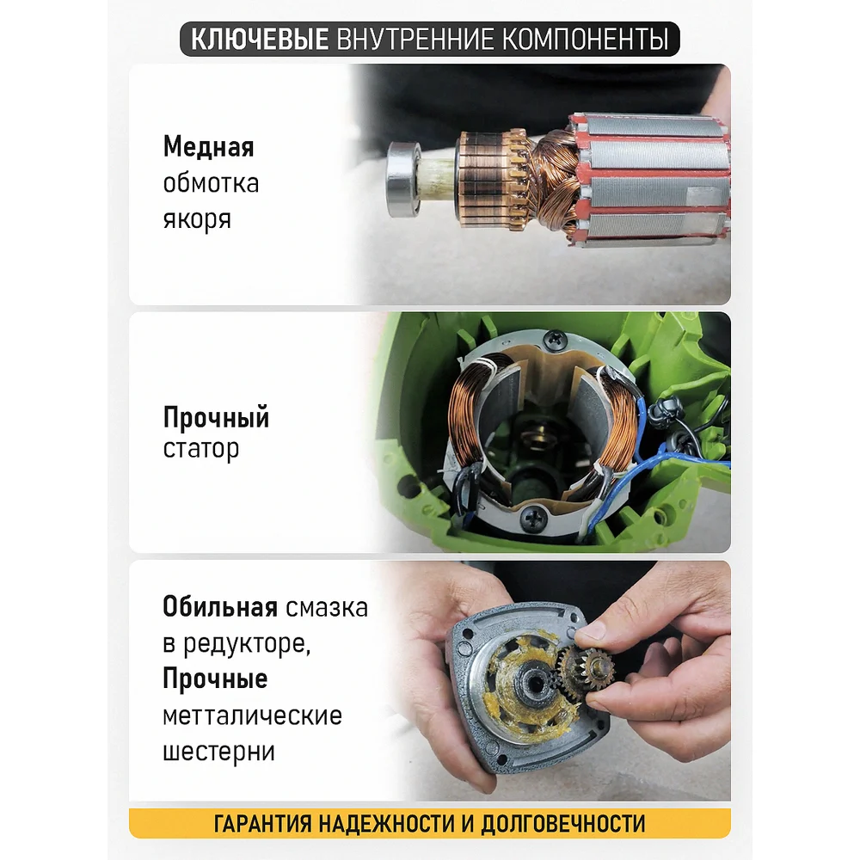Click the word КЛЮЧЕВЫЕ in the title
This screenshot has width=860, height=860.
pos(259,40)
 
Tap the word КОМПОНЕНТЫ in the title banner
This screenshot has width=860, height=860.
pos(585,40)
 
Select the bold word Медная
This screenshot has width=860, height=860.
pos(208,147)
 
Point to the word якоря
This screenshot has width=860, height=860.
pos(197,219)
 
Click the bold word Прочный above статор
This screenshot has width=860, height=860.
pos(216,418)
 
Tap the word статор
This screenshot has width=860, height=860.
pos(201,449)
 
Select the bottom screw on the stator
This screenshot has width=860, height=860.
pos(531,517)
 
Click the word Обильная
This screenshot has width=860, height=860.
pos(220,607)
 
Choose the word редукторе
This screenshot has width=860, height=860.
pos(246,644)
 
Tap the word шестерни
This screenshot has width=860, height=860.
pos(218,752)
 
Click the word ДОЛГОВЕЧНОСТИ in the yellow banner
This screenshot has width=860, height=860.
pos(563,824)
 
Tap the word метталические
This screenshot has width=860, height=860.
pos(252,716)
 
